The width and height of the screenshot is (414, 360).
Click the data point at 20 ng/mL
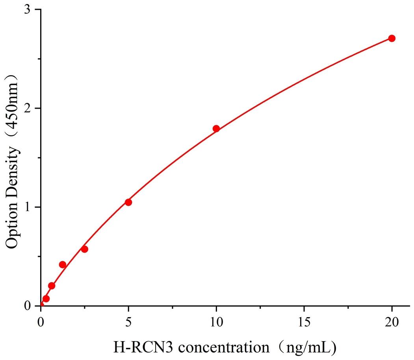tap(392, 38)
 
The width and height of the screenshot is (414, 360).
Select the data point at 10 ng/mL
tap(216, 129)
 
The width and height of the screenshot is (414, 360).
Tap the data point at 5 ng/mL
tap(128, 202)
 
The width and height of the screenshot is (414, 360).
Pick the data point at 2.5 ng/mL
tap(84, 249)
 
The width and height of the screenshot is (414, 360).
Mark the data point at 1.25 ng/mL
tap(62, 264)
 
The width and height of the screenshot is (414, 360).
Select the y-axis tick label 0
tap(28, 306)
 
